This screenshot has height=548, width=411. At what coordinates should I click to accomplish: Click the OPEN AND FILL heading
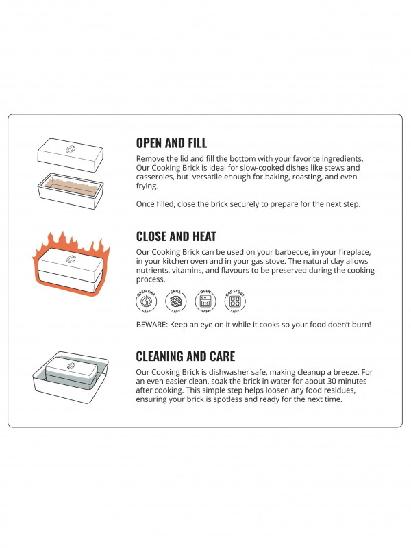[x=171, y=143]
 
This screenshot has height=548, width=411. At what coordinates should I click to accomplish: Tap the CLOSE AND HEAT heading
[x=176, y=236]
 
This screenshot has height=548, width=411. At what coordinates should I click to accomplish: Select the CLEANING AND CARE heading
[x=186, y=356]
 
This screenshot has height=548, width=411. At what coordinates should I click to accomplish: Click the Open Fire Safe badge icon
[x=146, y=301]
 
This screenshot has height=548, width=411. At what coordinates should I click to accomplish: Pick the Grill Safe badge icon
[x=176, y=301]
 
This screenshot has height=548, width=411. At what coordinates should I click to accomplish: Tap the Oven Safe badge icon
[x=205, y=301]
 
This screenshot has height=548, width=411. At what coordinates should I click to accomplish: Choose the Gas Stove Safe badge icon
[x=235, y=301]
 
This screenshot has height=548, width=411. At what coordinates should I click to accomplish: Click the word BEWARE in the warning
[x=151, y=325]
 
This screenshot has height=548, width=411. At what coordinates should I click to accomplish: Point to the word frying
[x=147, y=186]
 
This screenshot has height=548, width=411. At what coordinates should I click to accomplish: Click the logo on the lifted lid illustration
[x=71, y=149]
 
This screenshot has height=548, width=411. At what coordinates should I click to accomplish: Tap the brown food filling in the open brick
[x=71, y=186]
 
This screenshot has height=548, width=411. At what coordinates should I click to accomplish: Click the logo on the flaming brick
[x=71, y=259]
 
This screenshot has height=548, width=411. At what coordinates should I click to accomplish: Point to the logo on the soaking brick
[x=71, y=366]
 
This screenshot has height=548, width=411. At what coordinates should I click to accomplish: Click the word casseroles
[x=155, y=177]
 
